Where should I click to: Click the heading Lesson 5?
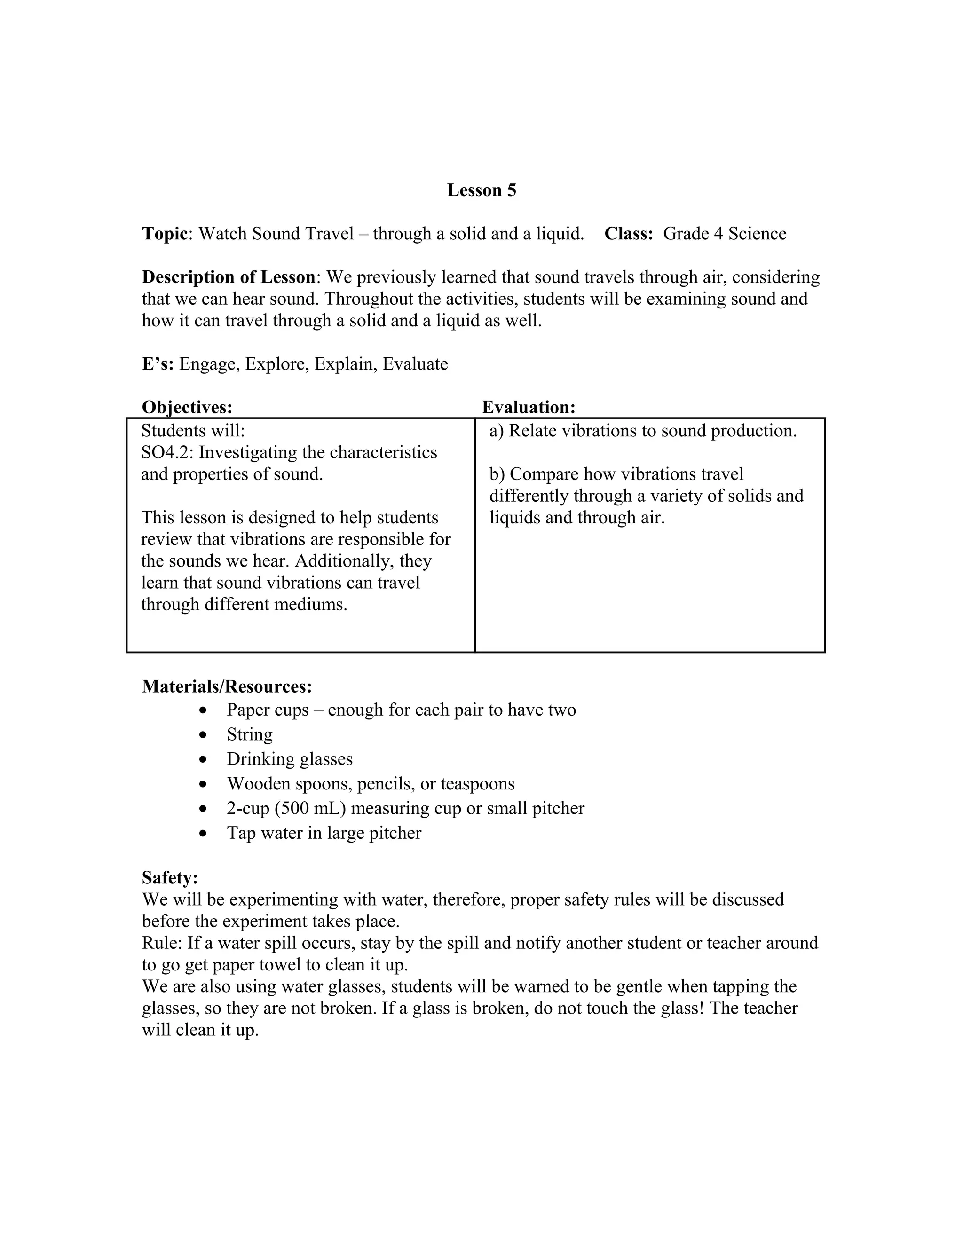click(481, 190)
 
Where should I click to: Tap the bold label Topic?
click(164, 234)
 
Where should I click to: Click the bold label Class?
click(628, 234)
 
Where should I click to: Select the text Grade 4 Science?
click(724, 234)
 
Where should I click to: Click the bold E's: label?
click(158, 364)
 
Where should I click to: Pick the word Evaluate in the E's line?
click(415, 364)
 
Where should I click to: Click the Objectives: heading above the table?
click(187, 407)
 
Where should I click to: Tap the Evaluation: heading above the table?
click(528, 407)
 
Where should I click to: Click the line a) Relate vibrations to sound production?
click(642, 431)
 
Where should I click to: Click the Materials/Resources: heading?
click(227, 686)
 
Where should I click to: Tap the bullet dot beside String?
click(203, 735)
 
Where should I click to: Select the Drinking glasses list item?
click(289, 759)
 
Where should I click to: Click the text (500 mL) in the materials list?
click(310, 808)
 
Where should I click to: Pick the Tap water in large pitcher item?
click(324, 833)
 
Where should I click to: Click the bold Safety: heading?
click(169, 877)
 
